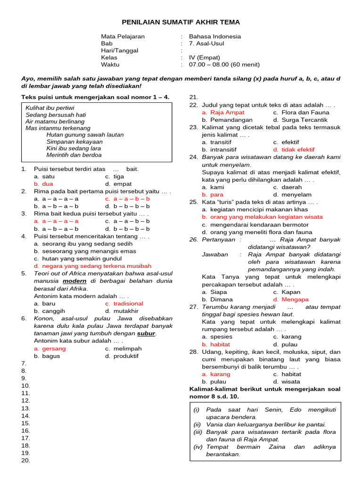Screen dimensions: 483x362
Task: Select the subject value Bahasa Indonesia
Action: point(214,36)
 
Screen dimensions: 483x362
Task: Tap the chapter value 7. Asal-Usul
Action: point(206,43)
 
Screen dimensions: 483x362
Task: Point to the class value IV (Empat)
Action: point(205,58)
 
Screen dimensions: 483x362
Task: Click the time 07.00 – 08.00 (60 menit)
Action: point(224,65)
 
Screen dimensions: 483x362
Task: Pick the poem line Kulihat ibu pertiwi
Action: point(49,108)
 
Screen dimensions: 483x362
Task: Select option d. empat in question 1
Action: point(118,183)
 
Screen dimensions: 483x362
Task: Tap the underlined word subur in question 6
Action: point(146,333)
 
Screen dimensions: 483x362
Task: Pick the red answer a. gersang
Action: point(50,349)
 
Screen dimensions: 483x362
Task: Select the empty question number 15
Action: point(25,423)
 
